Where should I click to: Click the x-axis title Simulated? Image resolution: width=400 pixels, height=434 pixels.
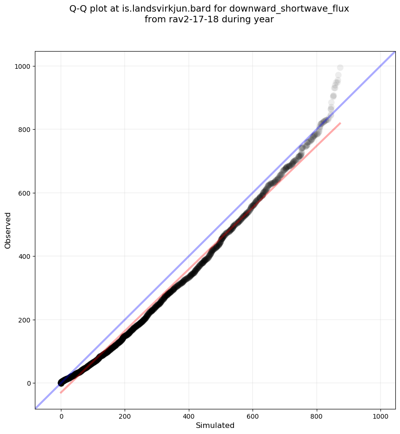[x=215, y=426]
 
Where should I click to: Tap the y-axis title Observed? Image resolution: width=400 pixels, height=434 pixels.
[x=8, y=230]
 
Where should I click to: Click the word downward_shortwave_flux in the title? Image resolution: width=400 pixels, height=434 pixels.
[x=289, y=9]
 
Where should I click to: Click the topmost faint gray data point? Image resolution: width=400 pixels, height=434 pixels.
[x=340, y=68]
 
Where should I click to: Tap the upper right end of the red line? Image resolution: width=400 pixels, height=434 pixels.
[x=340, y=123]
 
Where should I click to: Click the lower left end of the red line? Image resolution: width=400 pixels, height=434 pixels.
[x=61, y=393]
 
